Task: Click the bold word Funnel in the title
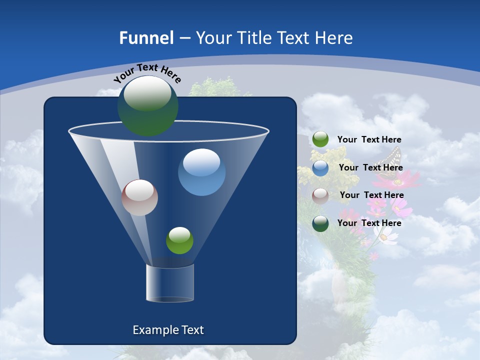146,38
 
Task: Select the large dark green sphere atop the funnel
148,105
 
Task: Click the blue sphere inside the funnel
201,172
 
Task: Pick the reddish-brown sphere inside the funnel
139,197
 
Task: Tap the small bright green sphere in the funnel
179,240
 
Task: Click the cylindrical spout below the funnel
170,283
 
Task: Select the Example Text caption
168,330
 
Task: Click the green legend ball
320,139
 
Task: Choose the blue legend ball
320,168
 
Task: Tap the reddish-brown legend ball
320,196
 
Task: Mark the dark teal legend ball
320,223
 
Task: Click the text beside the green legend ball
369,140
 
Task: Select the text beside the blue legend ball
370,168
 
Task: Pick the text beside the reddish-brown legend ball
371,195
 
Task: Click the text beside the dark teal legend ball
369,223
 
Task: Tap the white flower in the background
385,236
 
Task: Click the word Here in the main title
334,38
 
